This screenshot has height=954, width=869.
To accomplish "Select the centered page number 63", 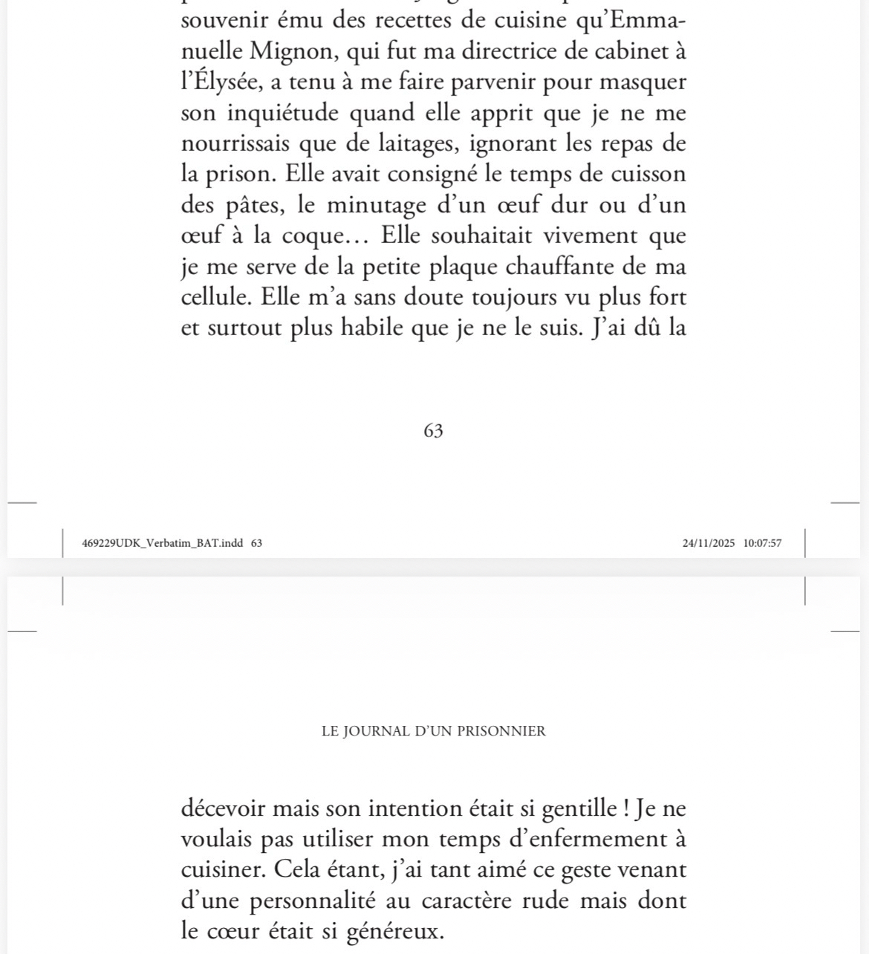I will click(433, 431).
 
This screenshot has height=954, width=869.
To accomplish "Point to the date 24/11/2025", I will click(709, 543).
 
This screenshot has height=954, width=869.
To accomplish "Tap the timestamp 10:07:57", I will click(761, 543).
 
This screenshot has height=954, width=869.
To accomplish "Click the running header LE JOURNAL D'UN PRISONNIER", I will click(434, 731).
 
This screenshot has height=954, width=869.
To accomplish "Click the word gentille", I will click(562, 808).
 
